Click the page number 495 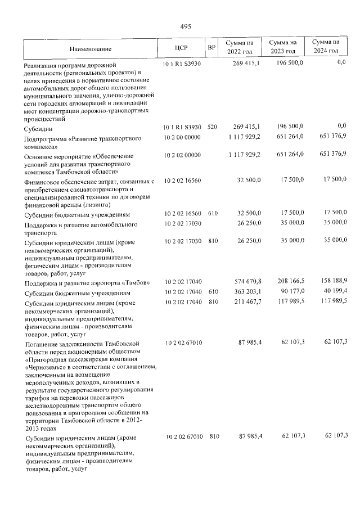pyautogui.click(x=186, y=26)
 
